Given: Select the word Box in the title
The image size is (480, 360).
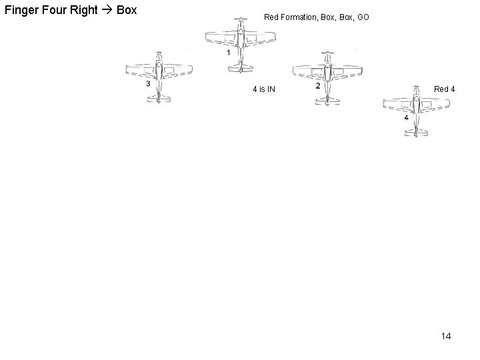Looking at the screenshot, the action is [126, 11].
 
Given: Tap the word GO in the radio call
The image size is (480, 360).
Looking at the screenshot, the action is [363, 17].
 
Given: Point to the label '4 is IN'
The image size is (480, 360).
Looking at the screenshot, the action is [264, 89].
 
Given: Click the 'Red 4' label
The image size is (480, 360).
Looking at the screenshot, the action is [445, 89].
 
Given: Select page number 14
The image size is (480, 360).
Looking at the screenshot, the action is [445, 336].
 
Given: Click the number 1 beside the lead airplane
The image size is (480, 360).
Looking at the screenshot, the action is [228, 52].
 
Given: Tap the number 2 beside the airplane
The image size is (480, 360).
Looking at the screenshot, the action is [317, 85].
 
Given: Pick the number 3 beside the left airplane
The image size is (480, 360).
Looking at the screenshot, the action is [147, 84].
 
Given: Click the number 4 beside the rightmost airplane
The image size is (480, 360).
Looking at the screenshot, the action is [406, 117].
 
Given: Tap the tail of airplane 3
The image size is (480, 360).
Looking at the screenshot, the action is [159, 99].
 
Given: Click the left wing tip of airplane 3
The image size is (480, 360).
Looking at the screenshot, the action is [128, 69].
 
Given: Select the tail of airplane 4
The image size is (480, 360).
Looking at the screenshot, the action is [415, 132].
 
